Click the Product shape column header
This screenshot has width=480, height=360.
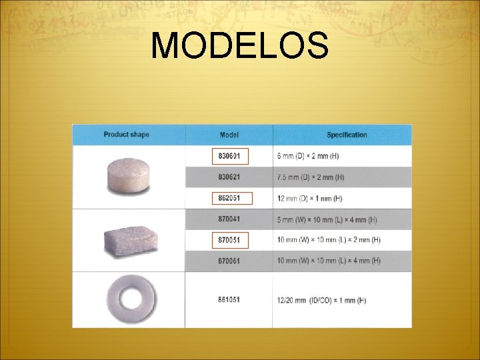coord(126,135)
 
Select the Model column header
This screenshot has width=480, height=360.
coord(229,135)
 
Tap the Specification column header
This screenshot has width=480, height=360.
coord(347,135)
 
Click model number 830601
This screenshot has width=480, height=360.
coord(229,156)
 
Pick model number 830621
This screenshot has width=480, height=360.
coord(229,177)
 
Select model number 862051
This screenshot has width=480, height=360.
coord(229,198)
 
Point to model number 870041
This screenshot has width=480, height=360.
coord(229,219)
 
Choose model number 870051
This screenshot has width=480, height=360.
coord(229,239)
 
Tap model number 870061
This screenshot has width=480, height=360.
coord(229,260)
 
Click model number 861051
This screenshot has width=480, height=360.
coord(229,300)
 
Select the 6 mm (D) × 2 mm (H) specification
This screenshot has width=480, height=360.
coord(308,156)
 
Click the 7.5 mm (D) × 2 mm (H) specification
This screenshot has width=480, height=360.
coord(311,177)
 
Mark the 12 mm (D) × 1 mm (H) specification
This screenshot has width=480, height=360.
coord(310,198)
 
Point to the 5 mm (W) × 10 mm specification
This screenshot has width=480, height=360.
coord(327,219)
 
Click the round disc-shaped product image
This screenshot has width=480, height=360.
coord(127,175)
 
